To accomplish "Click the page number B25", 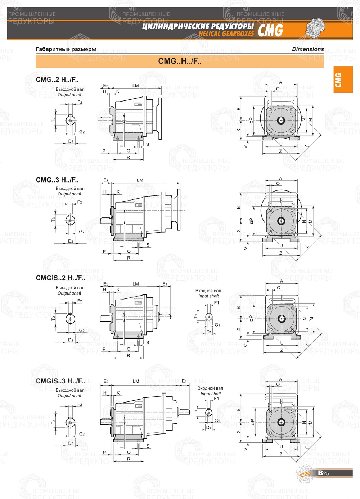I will (323, 473).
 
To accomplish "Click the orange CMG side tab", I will (343, 80).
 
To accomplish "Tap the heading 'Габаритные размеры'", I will (66, 49).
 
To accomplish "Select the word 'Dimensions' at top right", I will (308, 49).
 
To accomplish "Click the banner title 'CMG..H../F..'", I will (180, 61).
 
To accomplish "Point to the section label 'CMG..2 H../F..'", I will (57, 80).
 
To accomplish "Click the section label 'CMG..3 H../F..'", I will (57, 180).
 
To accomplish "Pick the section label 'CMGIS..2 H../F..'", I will (60, 278).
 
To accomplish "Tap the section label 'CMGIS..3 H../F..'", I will (60, 381).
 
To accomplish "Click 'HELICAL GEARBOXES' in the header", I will (226, 34).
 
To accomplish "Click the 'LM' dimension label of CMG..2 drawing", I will (135, 86).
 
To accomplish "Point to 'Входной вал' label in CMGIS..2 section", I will (208, 291).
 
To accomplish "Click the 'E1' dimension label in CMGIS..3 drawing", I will (184, 381).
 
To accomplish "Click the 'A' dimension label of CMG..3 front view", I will (280, 179).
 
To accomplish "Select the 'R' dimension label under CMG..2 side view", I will (129, 157).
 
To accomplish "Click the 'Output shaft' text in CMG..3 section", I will (69, 194).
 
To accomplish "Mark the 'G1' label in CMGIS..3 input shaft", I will (217, 421).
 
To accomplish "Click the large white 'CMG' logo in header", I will (271, 31).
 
